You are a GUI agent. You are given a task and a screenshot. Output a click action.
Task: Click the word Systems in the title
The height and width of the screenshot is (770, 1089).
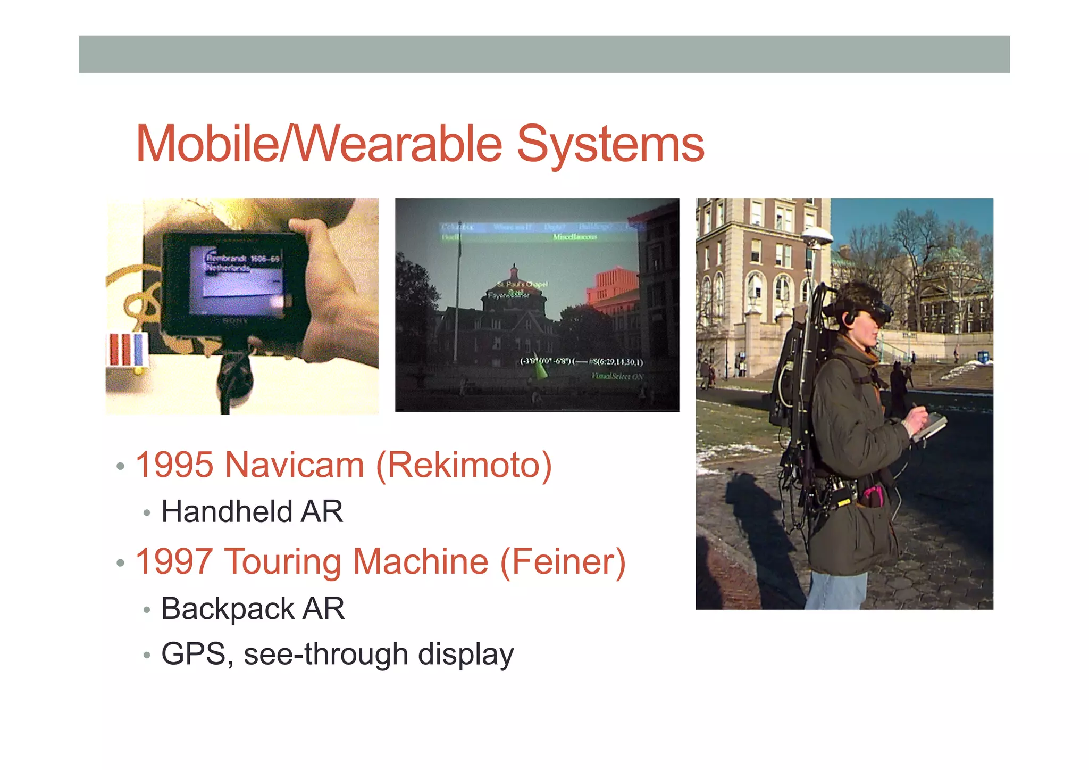(x=610, y=145)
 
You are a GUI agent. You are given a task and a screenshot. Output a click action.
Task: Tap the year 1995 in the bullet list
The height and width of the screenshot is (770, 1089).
(x=174, y=465)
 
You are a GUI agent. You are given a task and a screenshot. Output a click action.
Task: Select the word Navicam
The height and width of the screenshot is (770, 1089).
(x=294, y=465)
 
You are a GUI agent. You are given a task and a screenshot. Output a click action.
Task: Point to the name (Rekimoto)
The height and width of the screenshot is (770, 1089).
(x=464, y=465)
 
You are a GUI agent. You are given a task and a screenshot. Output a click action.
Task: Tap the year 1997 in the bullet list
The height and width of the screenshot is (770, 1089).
(x=174, y=562)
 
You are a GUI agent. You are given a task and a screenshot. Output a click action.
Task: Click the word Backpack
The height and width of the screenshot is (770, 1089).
(x=228, y=609)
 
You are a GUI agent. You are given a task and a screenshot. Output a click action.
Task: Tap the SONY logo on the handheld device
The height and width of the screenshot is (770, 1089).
(x=235, y=321)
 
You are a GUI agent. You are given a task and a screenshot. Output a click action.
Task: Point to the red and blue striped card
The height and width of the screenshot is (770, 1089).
(x=127, y=350)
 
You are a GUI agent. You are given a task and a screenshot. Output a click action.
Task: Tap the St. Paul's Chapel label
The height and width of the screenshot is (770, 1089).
(x=522, y=284)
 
